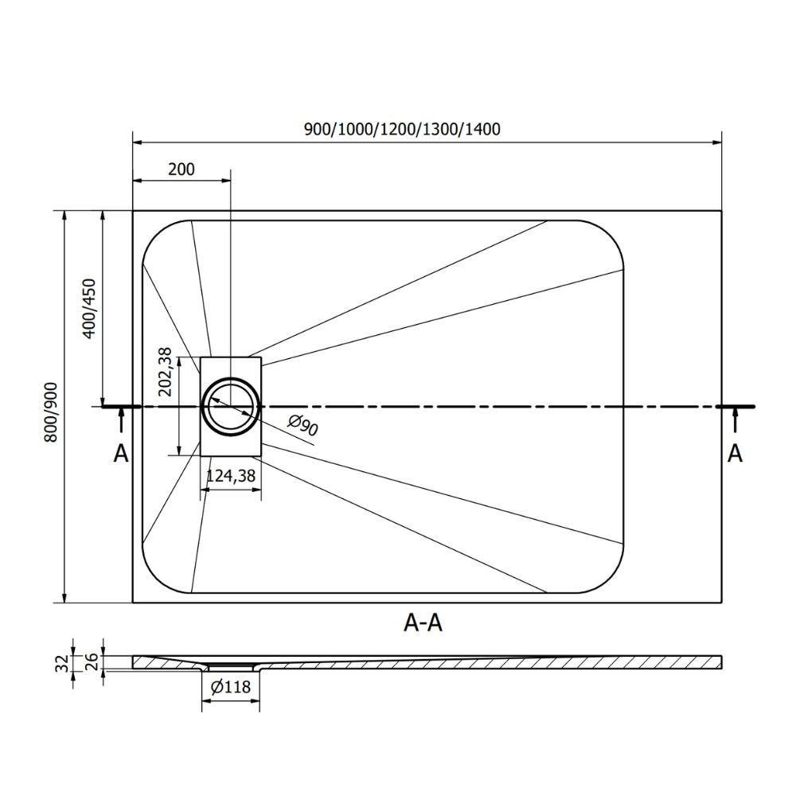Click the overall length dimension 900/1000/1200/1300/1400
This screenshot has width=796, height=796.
point(402,130)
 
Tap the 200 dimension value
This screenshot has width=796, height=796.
point(181,169)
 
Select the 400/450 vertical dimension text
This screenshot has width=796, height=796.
point(89,309)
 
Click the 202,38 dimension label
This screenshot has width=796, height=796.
point(165,372)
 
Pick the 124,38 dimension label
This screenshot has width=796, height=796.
point(231,476)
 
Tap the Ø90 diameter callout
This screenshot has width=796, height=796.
point(302,425)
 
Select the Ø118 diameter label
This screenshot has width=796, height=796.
point(231,687)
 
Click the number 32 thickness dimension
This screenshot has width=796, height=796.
point(62,663)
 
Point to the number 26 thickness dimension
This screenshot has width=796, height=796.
point(93,662)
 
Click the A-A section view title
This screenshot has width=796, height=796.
point(423,622)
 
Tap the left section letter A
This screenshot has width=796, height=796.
point(121,454)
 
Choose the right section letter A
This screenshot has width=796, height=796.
point(735,454)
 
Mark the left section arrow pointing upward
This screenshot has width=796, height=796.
point(121,420)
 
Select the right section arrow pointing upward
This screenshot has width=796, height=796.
point(735,420)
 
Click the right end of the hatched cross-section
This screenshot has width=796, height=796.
point(721,662)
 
